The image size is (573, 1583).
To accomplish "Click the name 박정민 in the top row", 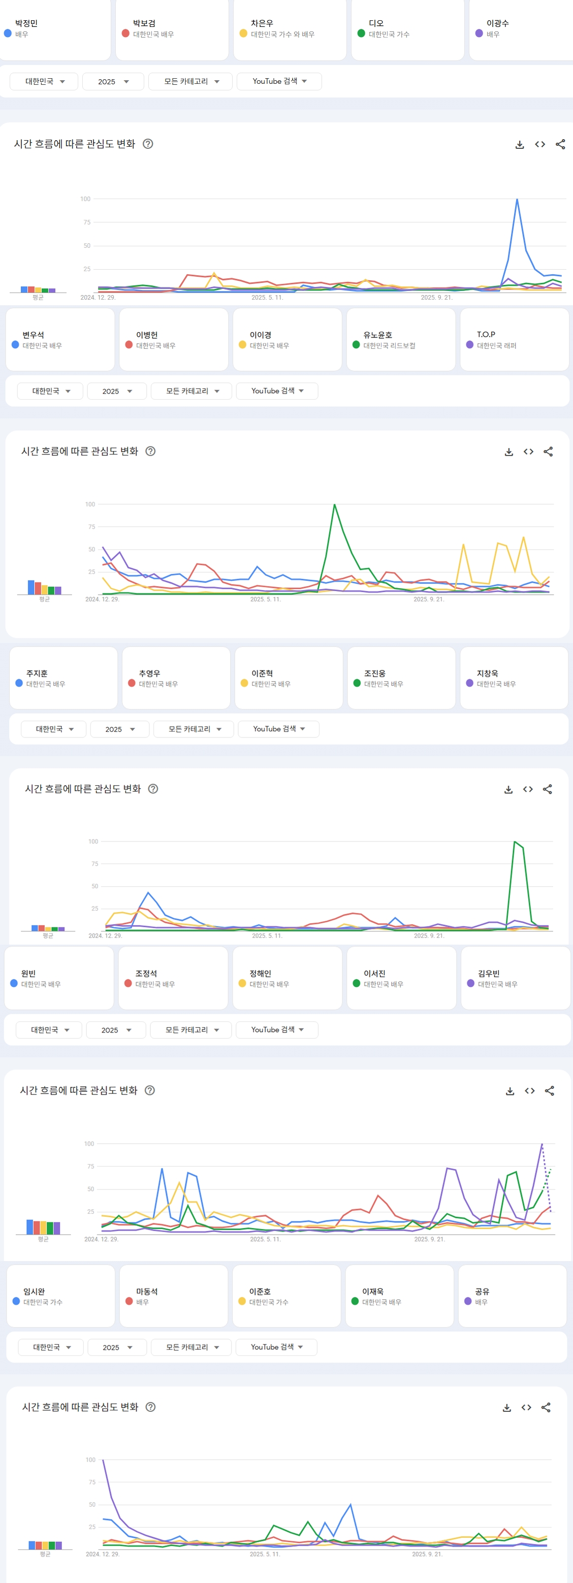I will click(x=26, y=23).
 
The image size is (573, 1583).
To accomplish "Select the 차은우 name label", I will click(x=262, y=23).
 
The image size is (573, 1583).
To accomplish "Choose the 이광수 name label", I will click(x=497, y=23).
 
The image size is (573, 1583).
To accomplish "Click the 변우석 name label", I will click(x=33, y=335).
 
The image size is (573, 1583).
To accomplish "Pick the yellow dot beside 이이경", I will click(x=242, y=345).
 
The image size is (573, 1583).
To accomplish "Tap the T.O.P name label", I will click(x=486, y=334).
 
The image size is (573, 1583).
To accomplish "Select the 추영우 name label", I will click(x=149, y=673).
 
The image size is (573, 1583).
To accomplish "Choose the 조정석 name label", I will click(x=146, y=974).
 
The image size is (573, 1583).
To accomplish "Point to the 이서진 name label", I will click(x=374, y=974).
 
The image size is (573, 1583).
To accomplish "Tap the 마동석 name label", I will click(x=147, y=1291).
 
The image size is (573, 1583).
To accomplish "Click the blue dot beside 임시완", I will click(x=16, y=1301).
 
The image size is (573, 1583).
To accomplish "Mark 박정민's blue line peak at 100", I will click(x=517, y=199).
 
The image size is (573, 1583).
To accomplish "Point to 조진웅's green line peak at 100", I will click(x=515, y=842).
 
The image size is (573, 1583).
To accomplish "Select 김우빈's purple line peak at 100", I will click(x=542, y=1144).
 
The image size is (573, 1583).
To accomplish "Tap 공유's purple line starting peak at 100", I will click(x=103, y=1460).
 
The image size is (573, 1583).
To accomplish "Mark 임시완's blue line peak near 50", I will click(x=351, y=1504).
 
